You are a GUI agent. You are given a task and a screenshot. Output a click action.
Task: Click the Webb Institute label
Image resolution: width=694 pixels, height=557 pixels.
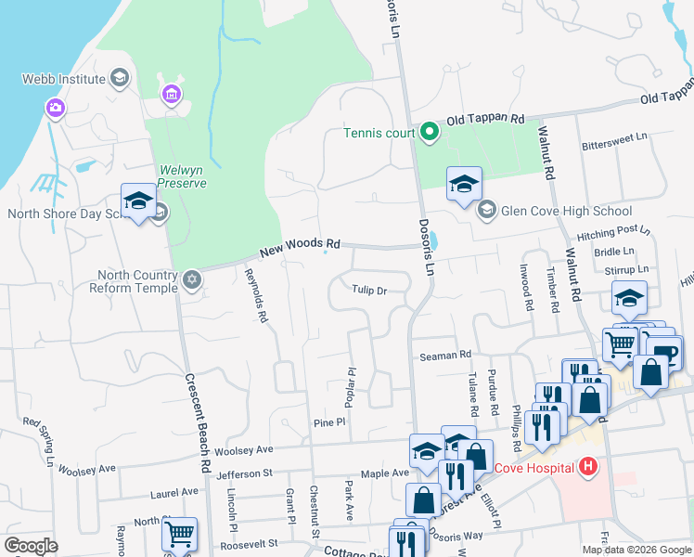[x=54, y=79]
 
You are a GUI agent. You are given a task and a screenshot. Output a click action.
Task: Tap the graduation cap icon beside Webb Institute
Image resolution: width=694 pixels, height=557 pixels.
[x=119, y=78]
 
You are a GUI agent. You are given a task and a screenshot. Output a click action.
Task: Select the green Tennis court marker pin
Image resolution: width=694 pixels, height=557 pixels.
[x=429, y=133]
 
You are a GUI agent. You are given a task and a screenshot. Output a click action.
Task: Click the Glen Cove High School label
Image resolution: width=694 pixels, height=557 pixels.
[x=566, y=211]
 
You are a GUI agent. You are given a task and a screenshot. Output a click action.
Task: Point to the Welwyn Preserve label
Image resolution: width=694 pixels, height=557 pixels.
[x=181, y=175]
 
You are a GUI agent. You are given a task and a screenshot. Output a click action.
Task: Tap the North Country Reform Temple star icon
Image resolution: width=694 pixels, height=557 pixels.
[x=192, y=280]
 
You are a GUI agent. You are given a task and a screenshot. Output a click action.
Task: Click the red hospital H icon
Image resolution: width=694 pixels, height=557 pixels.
[x=586, y=467]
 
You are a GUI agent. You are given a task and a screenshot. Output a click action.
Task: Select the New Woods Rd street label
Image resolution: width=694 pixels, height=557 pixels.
[x=300, y=248]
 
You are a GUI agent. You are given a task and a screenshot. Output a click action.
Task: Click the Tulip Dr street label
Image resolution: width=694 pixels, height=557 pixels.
[x=368, y=291]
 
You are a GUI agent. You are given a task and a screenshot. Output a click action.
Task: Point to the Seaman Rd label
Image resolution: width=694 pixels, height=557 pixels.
[x=445, y=355]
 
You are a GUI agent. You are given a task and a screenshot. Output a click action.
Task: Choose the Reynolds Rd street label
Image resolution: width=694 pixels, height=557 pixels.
[x=256, y=296]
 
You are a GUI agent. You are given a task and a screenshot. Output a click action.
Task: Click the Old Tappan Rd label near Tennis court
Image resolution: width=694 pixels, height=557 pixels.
[x=485, y=120]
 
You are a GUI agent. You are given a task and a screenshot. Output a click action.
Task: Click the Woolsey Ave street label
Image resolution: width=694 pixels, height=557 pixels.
[x=244, y=450]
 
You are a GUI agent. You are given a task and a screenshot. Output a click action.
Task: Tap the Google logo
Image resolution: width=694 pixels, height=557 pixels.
[x=31, y=546]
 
